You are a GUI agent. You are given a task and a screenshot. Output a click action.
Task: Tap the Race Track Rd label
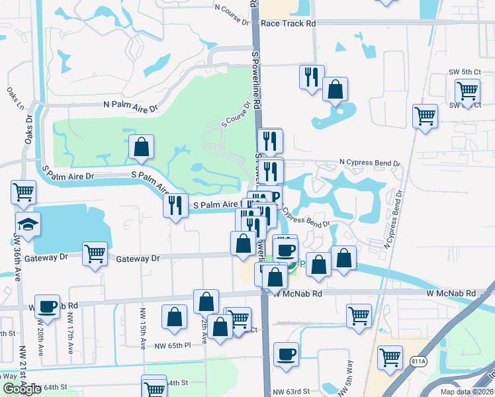288,22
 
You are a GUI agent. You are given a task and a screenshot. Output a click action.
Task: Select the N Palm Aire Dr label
131,105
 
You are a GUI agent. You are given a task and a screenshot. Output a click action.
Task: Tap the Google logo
21,389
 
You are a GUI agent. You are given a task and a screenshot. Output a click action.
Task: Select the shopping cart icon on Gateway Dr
95,252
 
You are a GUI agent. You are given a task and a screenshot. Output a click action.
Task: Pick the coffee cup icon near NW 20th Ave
47,306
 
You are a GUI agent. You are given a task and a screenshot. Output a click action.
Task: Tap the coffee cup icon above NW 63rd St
286,353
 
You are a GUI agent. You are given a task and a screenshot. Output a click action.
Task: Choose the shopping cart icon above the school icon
23,192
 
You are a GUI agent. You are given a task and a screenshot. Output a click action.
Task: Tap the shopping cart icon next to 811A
390,357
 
